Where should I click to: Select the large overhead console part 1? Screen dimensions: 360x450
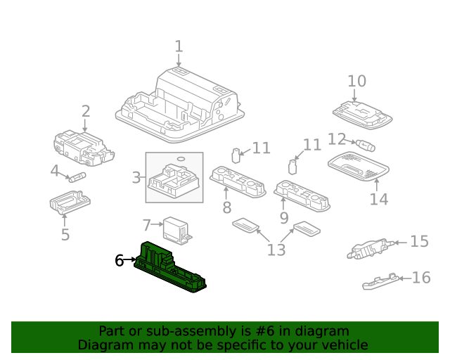tap(181, 102)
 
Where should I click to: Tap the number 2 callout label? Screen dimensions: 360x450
tap(86, 111)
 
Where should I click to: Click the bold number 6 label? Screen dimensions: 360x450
tap(120, 261)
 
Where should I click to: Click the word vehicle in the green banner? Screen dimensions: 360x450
tap(342, 345)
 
